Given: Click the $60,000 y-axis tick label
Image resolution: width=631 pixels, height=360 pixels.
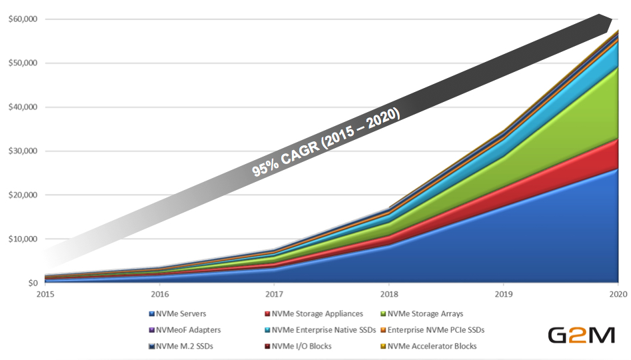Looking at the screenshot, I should coord(22,19).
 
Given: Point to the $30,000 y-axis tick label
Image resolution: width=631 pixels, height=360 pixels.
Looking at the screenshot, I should coord(22,151).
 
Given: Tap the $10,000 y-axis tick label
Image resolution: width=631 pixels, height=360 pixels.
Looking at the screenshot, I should coord(22,239).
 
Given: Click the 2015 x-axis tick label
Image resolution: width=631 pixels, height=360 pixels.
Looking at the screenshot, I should coord(45,294).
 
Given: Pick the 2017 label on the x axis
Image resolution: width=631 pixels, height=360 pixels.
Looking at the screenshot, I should coord(274,294).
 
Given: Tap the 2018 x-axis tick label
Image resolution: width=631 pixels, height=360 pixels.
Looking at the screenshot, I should coord(389,294).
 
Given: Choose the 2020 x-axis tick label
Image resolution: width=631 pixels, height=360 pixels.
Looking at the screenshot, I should coord(618,294).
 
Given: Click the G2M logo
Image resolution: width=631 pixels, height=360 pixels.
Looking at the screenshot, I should coord(581,335).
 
